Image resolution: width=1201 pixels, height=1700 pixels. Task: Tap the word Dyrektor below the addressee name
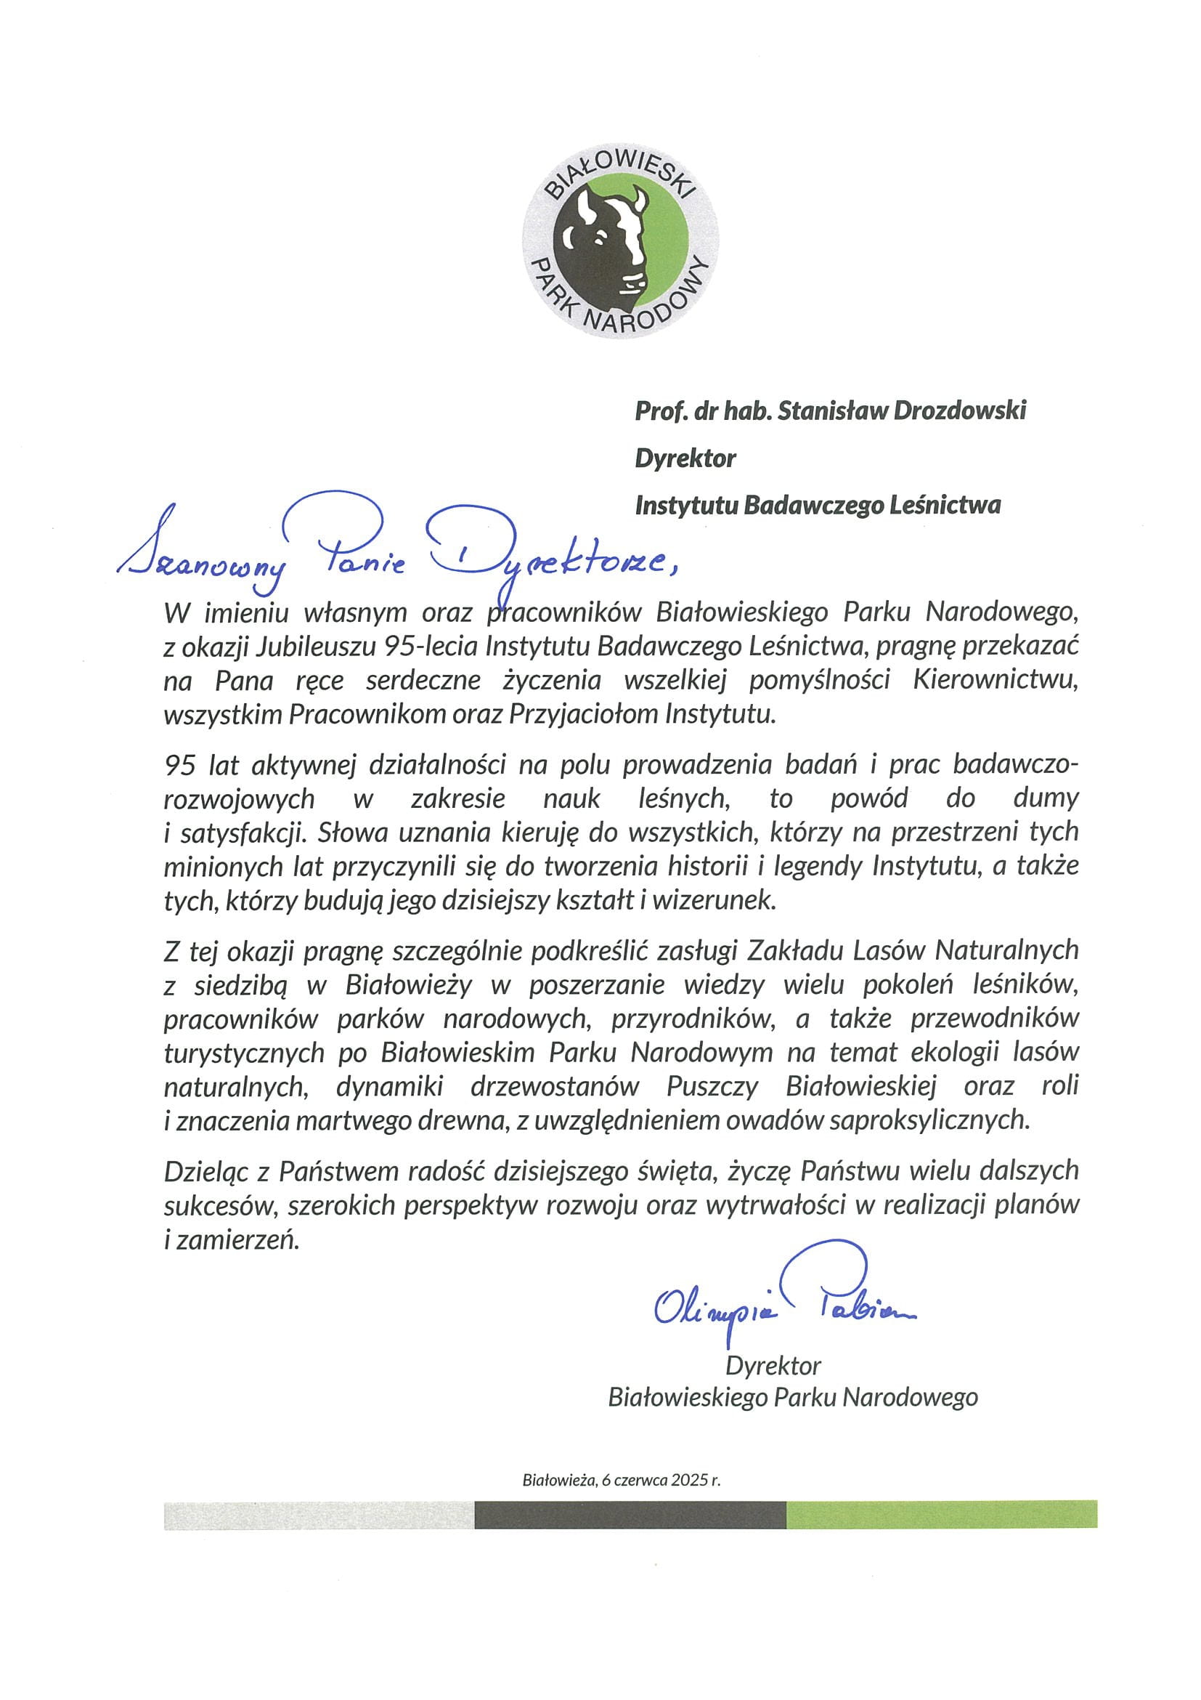coord(685,458)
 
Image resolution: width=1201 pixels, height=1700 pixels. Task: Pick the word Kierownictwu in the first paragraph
coord(996,680)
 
